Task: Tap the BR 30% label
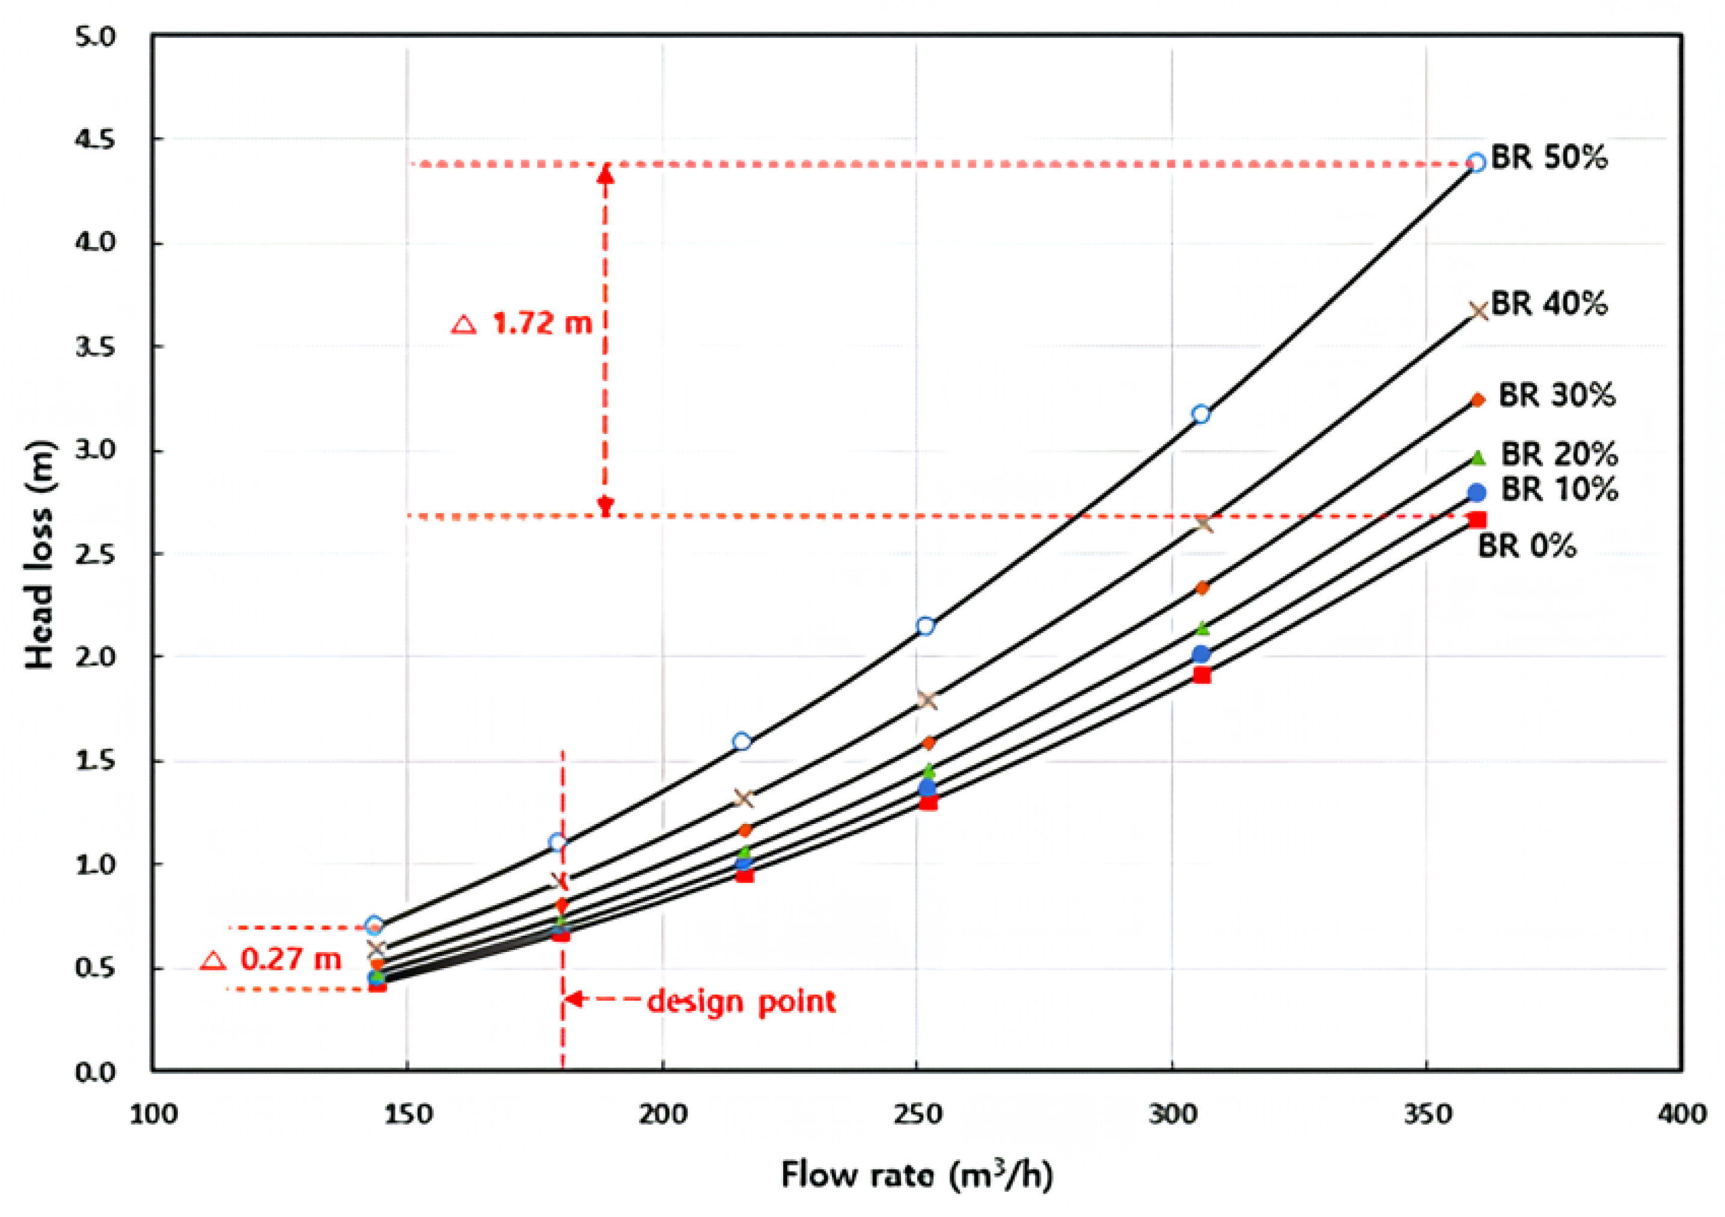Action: (x=1556, y=395)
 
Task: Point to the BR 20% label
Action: (x=1559, y=454)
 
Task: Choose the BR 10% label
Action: (x=1559, y=490)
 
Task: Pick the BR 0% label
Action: (x=1526, y=546)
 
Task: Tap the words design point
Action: (x=740, y=1001)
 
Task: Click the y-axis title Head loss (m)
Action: (x=39, y=554)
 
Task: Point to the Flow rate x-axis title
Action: (x=917, y=1174)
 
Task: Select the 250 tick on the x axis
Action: (x=917, y=1114)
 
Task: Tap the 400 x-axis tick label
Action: (x=1682, y=1114)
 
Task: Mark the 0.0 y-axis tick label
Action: (x=96, y=1072)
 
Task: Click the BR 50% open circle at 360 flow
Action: (x=1476, y=163)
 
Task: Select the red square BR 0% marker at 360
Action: (x=1476, y=519)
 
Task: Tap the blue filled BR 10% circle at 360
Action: (x=1476, y=493)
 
